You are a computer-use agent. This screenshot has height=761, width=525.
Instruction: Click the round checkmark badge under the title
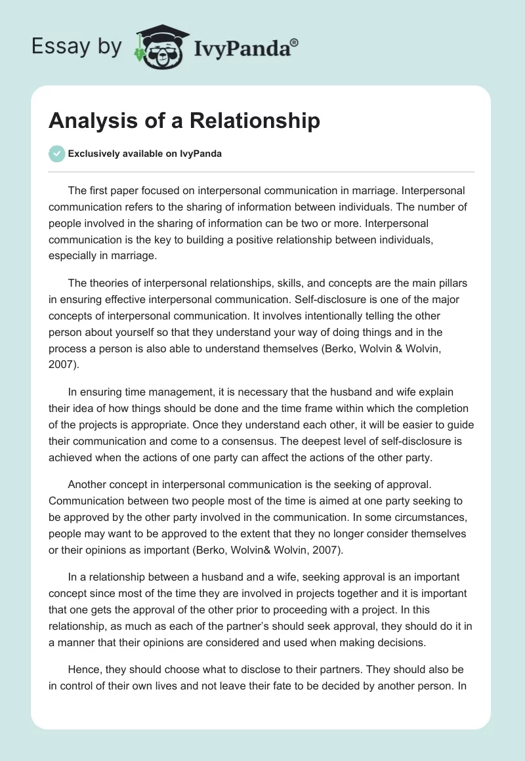pyautogui.click(x=56, y=154)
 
